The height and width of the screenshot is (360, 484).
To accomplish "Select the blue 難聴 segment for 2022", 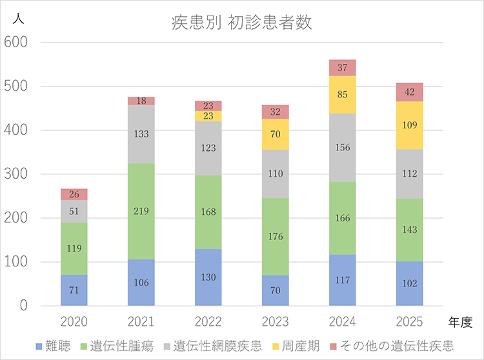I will (x=208, y=277).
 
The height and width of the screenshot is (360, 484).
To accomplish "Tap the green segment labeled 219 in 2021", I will (x=141, y=212).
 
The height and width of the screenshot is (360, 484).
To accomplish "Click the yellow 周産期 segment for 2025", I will (x=410, y=125).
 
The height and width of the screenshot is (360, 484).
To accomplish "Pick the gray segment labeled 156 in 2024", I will (x=343, y=148).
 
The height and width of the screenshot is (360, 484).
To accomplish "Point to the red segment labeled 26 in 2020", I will (x=74, y=194).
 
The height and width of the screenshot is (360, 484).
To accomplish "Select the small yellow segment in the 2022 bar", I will (x=208, y=116).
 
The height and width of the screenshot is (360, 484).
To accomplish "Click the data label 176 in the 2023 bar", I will (x=276, y=237).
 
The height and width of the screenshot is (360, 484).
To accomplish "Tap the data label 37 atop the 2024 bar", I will (x=343, y=68).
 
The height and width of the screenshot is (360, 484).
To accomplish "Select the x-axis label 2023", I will (x=276, y=321).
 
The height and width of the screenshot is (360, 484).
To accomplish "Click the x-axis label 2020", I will (x=74, y=321).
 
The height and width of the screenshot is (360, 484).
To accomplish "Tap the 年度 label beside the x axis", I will (x=461, y=321).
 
